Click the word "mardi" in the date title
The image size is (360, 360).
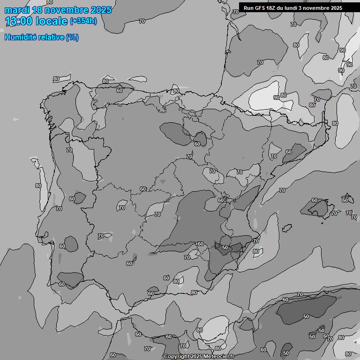pyautogui.click(x=17, y=10)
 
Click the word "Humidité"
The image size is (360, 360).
pyautogui.click(x=20, y=37)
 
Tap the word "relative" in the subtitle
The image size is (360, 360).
pyautogui.click(x=51, y=37)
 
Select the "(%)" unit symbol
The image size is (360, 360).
pyautogui.click(x=72, y=37)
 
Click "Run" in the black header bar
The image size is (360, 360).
pyautogui.click(x=248, y=8)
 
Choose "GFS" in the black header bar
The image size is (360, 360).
pyautogui.click(x=260, y=8)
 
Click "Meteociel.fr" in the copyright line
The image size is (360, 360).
pyautogui.click(x=219, y=356)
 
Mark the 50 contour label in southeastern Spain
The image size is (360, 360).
pyautogui.click(x=225, y=247)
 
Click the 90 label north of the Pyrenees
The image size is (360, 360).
pyautogui.click(x=277, y=97)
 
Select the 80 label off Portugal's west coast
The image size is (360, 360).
pyautogui.click(x=38, y=186)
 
